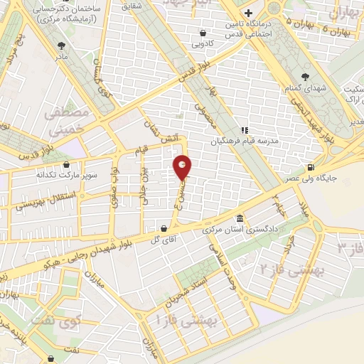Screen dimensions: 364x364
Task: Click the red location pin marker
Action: click(x=183, y=167)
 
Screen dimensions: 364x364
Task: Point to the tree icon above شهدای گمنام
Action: click(x=306, y=76)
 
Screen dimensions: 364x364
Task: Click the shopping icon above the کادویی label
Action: click(x=203, y=33)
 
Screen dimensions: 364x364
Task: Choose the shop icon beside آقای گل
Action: click(x=165, y=229)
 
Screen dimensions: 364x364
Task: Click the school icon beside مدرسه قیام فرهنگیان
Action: click(x=244, y=130)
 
